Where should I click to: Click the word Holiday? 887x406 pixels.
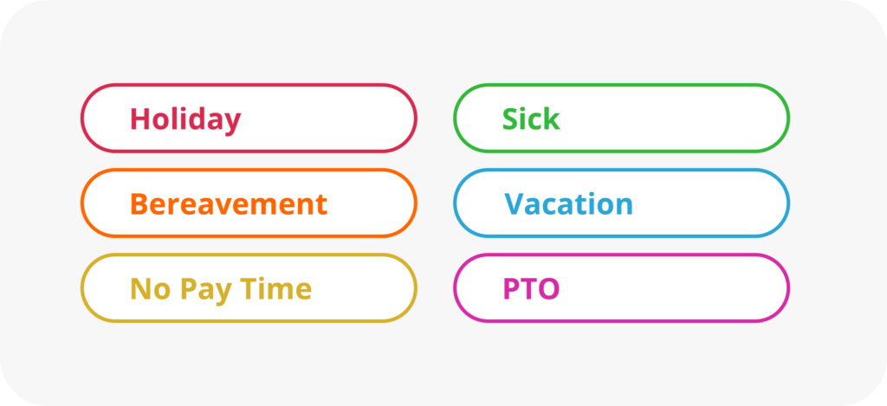[185, 119]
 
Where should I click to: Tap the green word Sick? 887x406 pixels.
[531, 119]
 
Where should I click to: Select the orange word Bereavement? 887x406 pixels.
[229, 204]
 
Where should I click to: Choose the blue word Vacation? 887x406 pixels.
[569, 204]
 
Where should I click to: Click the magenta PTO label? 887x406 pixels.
[531, 289]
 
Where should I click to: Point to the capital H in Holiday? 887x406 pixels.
[139, 119]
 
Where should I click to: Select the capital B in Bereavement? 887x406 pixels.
[139, 204]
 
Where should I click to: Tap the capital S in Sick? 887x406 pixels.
[511, 119]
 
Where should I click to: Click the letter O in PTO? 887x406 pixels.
[548, 289]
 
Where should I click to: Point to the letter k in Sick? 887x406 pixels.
[551, 119]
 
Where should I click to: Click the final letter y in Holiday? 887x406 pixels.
[232, 122]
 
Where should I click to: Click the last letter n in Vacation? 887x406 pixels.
[624, 206]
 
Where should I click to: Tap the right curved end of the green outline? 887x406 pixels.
[787, 118]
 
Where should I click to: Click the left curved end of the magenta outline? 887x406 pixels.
[456, 288]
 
